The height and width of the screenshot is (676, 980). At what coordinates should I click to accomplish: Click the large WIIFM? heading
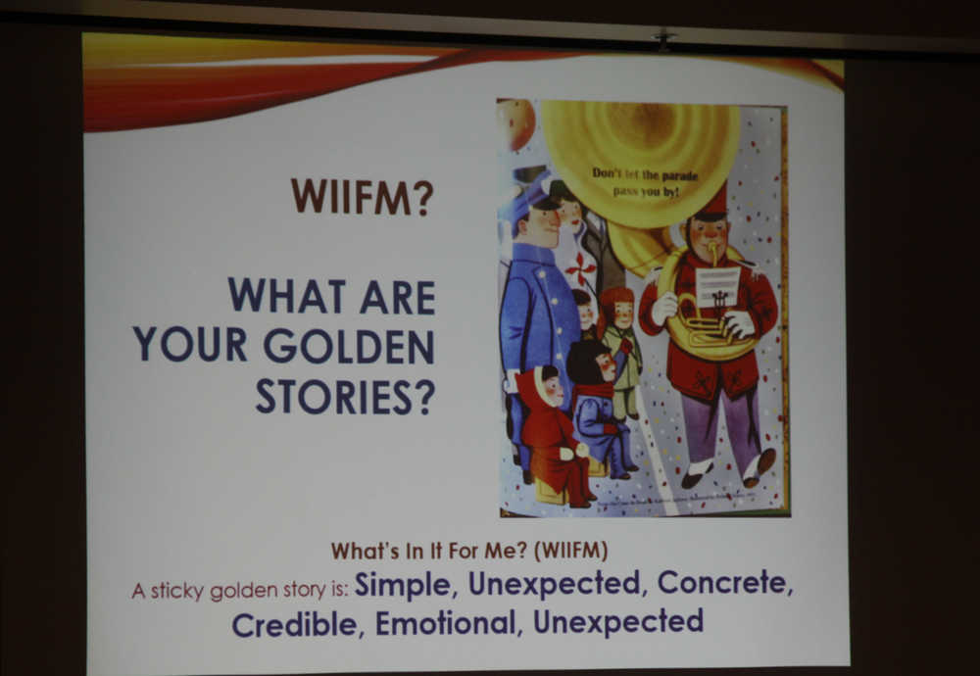coord(362,197)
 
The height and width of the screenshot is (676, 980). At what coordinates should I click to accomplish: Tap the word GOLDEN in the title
coord(349,346)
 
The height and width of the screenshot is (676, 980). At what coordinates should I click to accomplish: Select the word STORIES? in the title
coord(345,396)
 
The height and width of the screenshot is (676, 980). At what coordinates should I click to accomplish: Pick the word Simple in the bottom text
coord(403,585)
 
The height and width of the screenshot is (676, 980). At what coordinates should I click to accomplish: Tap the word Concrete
coord(725,582)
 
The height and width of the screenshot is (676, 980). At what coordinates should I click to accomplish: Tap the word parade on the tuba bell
coord(679,175)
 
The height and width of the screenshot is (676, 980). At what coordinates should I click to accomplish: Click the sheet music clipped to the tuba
coord(717,287)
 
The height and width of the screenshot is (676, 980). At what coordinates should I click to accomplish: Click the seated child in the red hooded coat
coord(552,435)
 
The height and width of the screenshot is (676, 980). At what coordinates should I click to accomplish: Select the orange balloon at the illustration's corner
coord(516,123)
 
